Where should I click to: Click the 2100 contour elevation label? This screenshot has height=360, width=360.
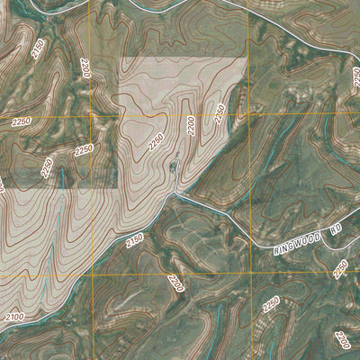[13, 317]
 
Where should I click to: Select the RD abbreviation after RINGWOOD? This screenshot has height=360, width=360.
[336, 230]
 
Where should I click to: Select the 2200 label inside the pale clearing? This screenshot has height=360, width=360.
[191, 125]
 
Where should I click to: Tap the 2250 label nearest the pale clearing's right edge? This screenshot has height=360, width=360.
[219, 113]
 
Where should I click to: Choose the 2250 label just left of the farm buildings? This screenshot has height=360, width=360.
[156, 142]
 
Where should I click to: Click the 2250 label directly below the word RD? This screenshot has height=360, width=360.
[340, 267]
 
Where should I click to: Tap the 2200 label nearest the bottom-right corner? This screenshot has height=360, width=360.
[342, 339]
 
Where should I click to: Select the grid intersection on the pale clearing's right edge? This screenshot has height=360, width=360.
[247, 115]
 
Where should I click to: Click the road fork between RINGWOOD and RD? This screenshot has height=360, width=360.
[321, 236]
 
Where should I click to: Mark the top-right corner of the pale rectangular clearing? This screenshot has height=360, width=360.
[247, 58]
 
